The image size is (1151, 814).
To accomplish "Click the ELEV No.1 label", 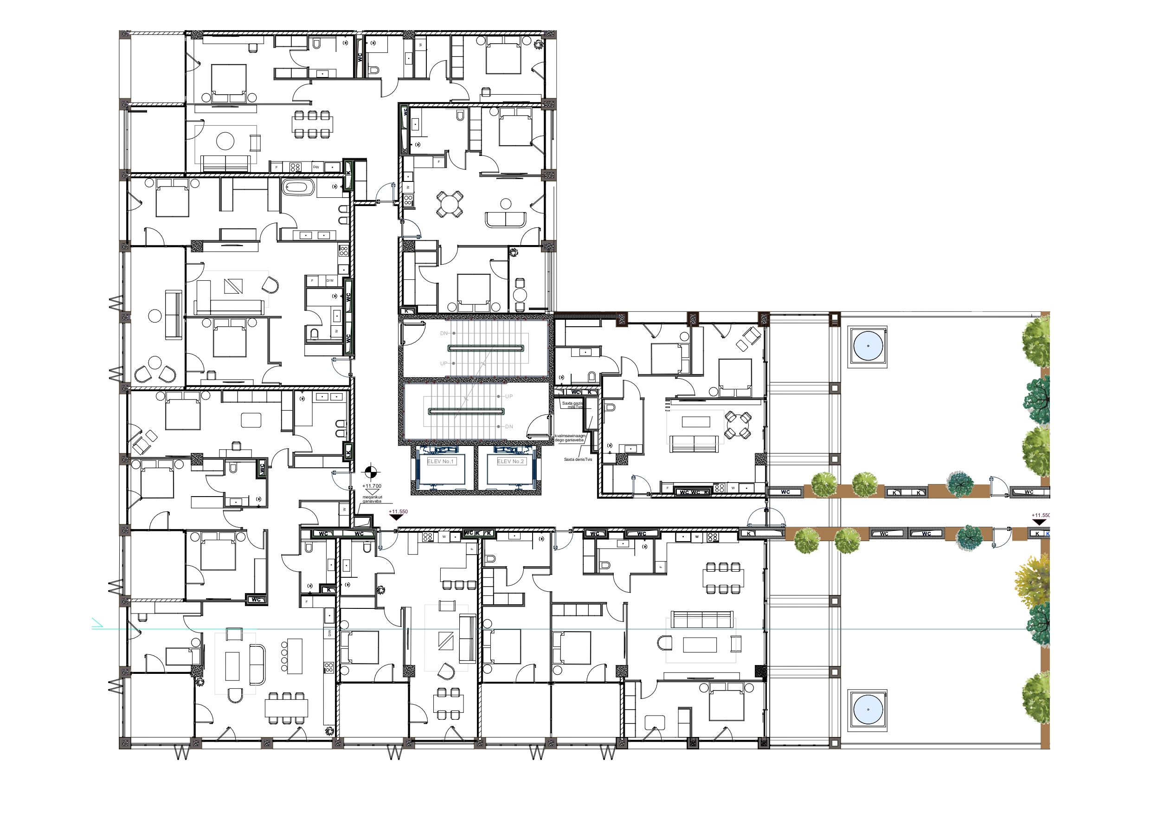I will (x=441, y=461).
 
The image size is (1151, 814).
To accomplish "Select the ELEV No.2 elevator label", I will (x=511, y=461).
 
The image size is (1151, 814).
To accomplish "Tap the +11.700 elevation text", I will (x=372, y=486).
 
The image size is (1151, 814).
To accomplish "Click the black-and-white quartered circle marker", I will (x=371, y=472).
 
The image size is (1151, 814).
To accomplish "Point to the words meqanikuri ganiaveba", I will (x=372, y=499).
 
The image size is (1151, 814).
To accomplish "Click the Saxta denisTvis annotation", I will (x=578, y=459).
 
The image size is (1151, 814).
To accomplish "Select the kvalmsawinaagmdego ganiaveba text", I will (x=570, y=438).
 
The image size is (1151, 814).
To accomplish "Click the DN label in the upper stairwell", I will (x=444, y=333).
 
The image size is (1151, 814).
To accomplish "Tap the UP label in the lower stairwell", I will (x=509, y=396).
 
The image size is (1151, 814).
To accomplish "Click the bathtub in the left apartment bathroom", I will (x=298, y=188).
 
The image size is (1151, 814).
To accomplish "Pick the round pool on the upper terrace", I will (x=868, y=347).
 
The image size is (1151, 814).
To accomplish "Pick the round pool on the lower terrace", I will (x=868, y=710).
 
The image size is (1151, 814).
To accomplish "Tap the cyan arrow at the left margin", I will (x=97, y=624).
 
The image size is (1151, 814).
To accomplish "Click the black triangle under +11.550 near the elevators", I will (x=397, y=517).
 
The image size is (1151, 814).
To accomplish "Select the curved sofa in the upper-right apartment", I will (x=505, y=220).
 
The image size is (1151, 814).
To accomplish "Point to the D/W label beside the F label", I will (x=330, y=280).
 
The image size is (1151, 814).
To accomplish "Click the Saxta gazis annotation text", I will (x=572, y=404).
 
